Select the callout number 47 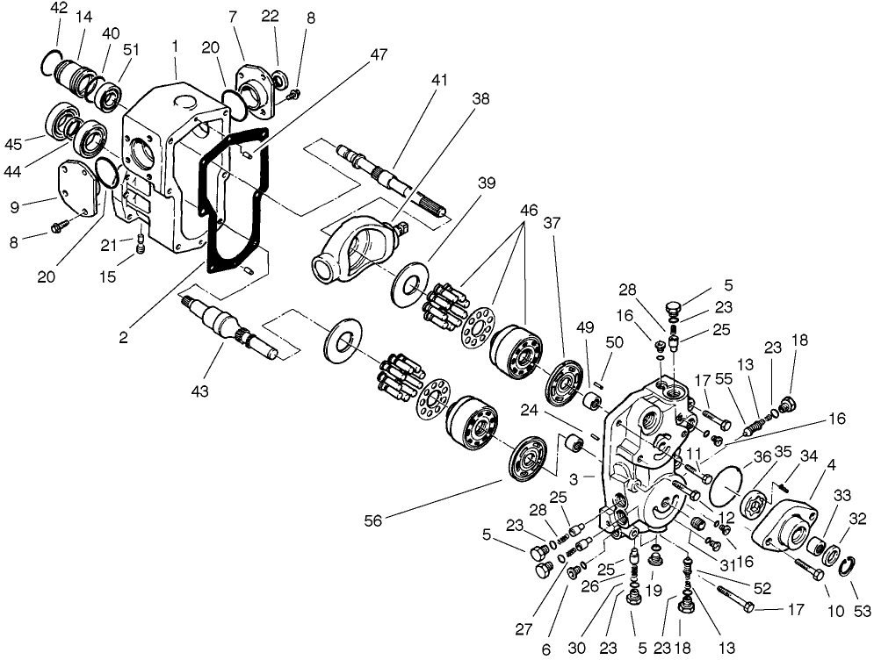[x=378, y=54]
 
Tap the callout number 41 [x=439, y=80]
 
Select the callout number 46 [x=529, y=211]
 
